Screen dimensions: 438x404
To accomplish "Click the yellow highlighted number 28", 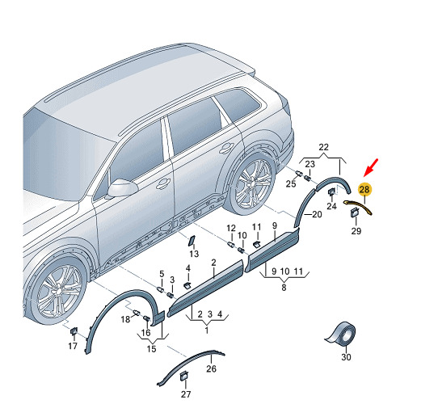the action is pyautogui.click(x=364, y=190).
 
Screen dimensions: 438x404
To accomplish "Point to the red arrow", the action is pyautogui.click(x=371, y=167).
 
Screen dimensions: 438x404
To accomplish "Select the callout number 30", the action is pyautogui.click(x=346, y=357).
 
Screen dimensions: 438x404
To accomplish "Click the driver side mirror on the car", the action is pyautogui.click(x=123, y=187).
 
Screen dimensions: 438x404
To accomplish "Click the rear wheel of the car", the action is pyautogui.click(x=251, y=183).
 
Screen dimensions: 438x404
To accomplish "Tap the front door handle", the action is pyautogui.click(x=163, y=183).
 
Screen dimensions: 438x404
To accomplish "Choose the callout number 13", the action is pyautogui.click(x=194, y=254).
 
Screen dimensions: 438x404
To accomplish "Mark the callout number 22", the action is pyautogui.click(x=323, y=147).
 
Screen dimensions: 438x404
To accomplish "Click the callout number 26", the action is pyautogui.click(x=211, y=368).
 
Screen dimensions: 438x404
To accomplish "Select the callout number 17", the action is pyautogui.click(x=73, y=346).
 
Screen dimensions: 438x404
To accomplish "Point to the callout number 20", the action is pyautogui.click(x=317, y=214).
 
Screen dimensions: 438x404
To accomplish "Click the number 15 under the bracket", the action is pyautogui.click(x=151, y=349).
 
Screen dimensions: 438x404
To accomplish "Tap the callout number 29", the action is pyautogui.click(x=356, y=231).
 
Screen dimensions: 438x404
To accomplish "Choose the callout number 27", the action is pyautogui.click(x=186, y=394).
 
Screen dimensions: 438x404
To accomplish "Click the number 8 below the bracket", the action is pyautogui.click(x=284, y=287).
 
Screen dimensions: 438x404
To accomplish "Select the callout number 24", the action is pyautogui.click(x=331, y=206).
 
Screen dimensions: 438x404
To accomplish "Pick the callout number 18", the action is pyautogui.click(x=125, y=319).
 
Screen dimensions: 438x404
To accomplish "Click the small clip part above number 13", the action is pyautogui.click(x=192, y=240).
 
